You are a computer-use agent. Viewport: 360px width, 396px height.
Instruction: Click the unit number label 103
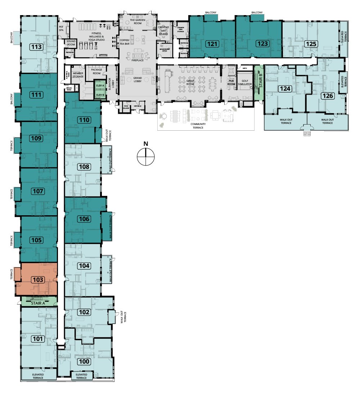click(x=37, y=279)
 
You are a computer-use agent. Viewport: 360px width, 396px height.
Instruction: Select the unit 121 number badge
click(x=212, y=44)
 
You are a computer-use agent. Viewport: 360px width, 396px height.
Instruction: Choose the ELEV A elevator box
click(x=100, y=86)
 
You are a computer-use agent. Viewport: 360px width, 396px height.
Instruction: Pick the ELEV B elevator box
click(x=100, y=95)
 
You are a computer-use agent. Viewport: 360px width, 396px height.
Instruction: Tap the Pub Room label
click(x=231, y=82)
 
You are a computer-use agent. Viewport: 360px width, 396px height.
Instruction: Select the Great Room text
click(x=190, y=82)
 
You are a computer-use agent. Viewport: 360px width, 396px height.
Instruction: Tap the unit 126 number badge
click(x=328, y=96)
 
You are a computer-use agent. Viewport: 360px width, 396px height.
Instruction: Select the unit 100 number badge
click(x=84, y=361)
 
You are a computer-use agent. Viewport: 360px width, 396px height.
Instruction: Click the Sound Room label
click(x=71, y=43)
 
